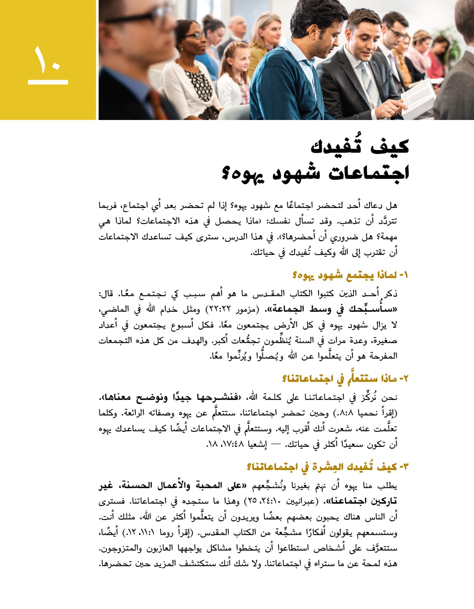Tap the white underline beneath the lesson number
coord(48,82)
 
